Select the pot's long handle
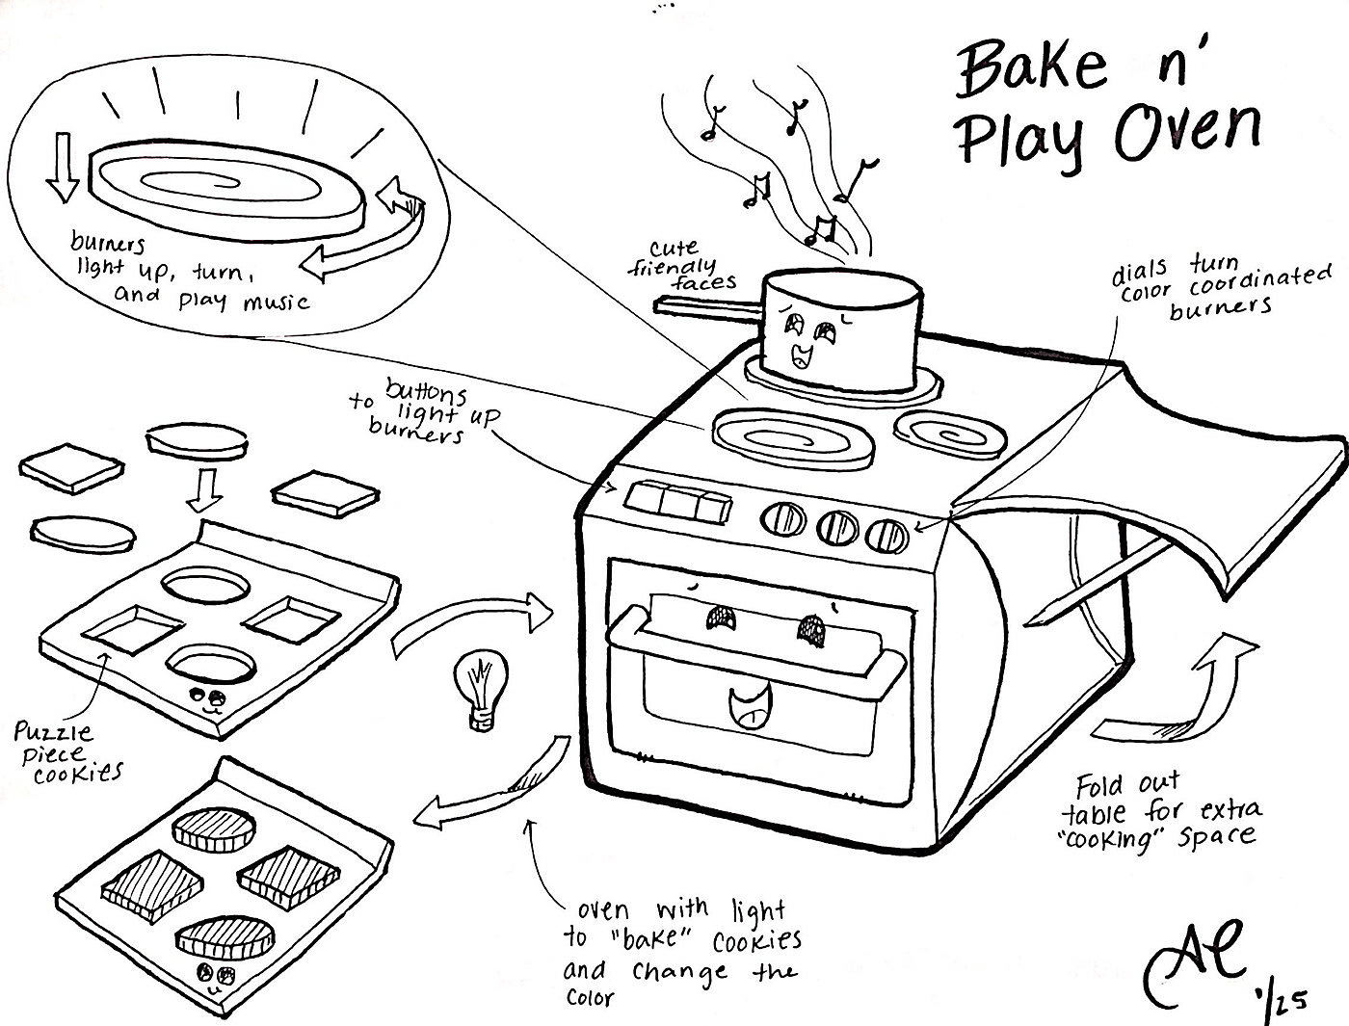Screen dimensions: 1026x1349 coord(708,305)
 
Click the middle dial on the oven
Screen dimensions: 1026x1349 coord(836,525)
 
